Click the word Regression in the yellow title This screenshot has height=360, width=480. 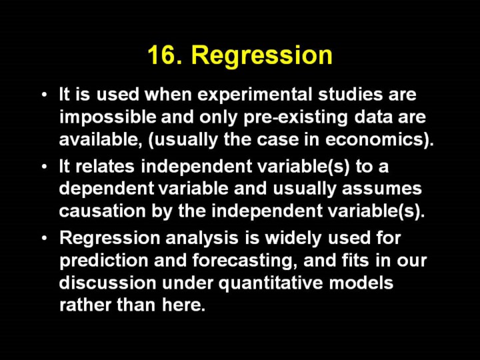pyautogui.click(x=262, y=57)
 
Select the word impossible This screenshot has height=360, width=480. pyautogui.click(x=108, y=117)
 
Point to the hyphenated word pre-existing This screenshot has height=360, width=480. pyautogui.click(x=296, y=118)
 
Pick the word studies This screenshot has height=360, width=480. pyautogui.click(x=351, y=94)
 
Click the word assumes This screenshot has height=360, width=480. pyautogui.click(x=382, y=189)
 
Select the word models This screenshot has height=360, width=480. pyautogui.click(x=361, y=283)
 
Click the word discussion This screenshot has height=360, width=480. pyautogui.click(x=108, y=283)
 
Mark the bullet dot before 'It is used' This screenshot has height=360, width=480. pyautogui.click(x=45, y=95)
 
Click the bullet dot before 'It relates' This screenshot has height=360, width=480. pyautogui.click(x=45, y=167)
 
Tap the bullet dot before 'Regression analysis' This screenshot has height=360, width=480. pyautogui.click(x=45, y=238)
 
